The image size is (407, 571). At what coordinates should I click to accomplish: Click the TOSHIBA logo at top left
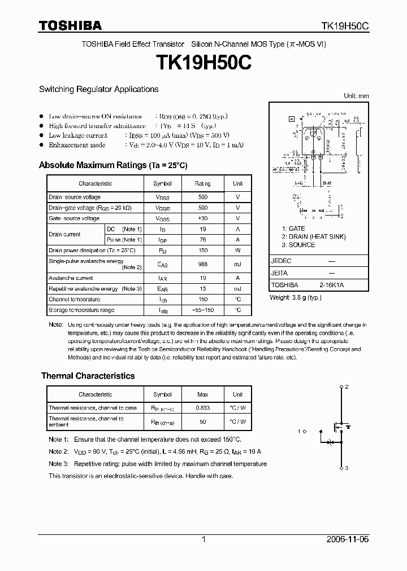pos(70,25)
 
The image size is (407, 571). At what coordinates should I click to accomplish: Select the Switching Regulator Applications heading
pos(98,89)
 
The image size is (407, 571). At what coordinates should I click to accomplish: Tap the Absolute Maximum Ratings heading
pos(112,165)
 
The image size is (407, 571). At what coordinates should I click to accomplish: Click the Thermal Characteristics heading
pos(88,376)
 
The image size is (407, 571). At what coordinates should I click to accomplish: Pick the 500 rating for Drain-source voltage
pos(203,197)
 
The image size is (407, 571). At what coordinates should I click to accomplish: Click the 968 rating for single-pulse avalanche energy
pos(203,263)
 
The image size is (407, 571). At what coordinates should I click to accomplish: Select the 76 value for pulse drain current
pos(203,240)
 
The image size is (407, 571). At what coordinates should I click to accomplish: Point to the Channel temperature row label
pos(74,300)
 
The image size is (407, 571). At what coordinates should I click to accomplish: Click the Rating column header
pos(203,183)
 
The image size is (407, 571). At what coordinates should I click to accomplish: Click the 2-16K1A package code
pos(331,285)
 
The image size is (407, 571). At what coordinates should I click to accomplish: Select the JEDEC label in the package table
pos(281,261)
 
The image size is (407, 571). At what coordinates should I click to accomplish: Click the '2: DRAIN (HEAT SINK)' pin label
pos(314,237)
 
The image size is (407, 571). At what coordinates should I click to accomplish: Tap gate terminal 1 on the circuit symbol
pos(300,432)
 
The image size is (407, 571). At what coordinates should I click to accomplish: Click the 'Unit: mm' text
pos(356,96)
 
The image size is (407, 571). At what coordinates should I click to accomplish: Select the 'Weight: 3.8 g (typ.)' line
pos(300,297)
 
